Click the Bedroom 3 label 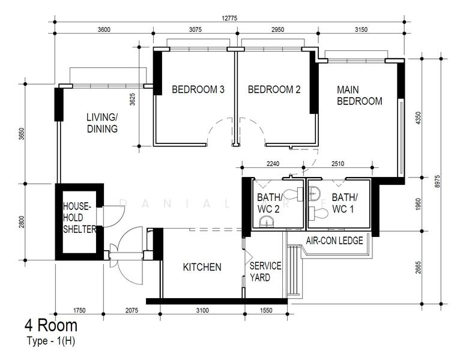(x=198, y=89)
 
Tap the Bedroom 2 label (x=274, y=89)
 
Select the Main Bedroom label (x=359, y=95)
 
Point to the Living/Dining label (x=102, y=123)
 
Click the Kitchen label (x=202, y=267)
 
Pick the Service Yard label (x=265, y=272)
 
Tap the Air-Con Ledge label (x=334, y=241)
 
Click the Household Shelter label (x=79, y=218)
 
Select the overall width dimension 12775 (x=229, y=18)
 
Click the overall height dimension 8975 (x=437, y=182)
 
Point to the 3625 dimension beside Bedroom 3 (x=132, y=100)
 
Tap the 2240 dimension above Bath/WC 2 (x=273, y=164)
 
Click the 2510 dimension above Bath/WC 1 (x=337, y=164)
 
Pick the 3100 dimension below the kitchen (x=202, y=310)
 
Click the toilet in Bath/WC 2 (x=294, y=194)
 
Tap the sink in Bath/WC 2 (x=267, y=221)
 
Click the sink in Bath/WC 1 (x=315, y=193)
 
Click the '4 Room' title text (x=51, y=325)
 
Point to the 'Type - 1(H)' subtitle (x=51, y=341)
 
